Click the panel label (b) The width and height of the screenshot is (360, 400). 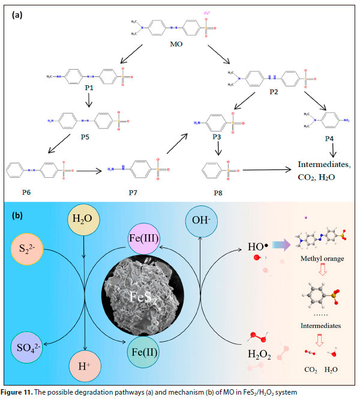click(19, 215)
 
